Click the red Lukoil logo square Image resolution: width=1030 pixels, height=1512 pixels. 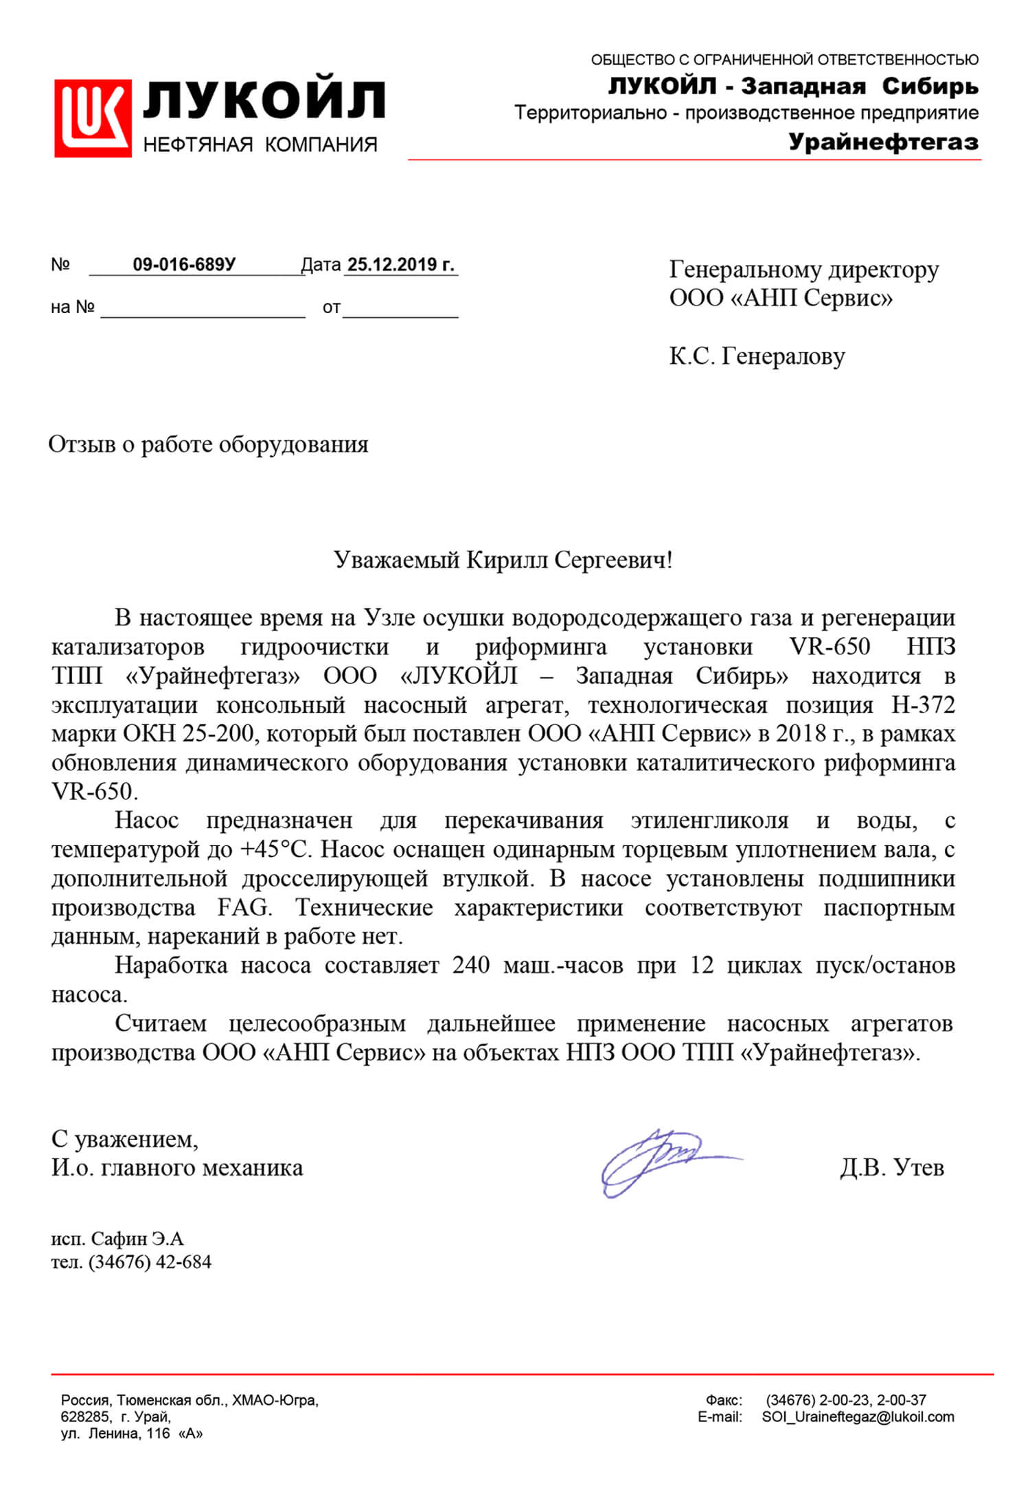(93, 118)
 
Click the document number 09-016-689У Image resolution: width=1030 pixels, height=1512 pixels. (184, 265)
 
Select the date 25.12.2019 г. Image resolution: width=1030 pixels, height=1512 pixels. (401, 265)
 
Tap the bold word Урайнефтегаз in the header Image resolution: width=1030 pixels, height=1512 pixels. (883, 142)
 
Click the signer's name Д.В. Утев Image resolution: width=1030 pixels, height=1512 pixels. (891, 1167)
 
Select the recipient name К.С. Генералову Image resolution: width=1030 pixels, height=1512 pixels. (757, 356)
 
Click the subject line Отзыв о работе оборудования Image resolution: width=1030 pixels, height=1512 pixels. (208, 444)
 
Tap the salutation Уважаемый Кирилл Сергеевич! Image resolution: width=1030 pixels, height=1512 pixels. (503, 560)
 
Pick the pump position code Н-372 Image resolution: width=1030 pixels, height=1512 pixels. (923, 705)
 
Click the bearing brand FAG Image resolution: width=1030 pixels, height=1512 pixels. (244, 908)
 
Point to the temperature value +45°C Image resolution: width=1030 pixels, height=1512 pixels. (275, 850)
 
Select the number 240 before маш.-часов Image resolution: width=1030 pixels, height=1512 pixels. (470, 965)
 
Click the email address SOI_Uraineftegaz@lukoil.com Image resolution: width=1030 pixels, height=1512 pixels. (858, 1417)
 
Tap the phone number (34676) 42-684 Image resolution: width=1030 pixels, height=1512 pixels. (150, 1262)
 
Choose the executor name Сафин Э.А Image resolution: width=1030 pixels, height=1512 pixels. (137, 1239)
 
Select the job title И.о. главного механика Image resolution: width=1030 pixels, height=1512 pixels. (177, 1168)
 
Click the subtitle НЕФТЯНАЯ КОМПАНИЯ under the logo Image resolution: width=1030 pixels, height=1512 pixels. (260, 145)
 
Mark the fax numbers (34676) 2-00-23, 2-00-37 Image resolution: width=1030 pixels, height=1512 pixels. (845, 1399)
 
